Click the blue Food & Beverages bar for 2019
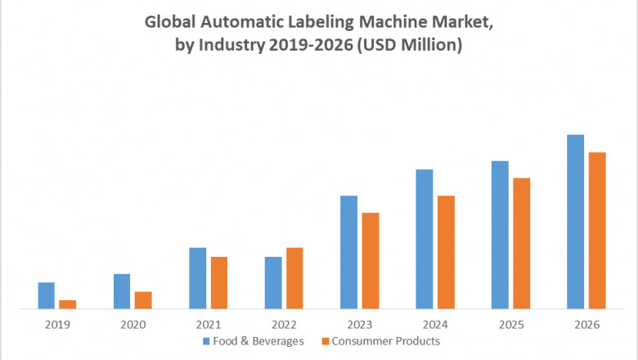click(x=46, y=295)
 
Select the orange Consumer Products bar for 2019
click(x=67, y=304)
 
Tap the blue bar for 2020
click(x=122, y=291)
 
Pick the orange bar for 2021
click(x=218, y=282)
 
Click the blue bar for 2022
click(x=272, y=282)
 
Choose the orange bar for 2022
click(x=294, y=278)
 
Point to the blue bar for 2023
click(x=348, y=252)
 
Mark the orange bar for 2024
click(x=446, y=252)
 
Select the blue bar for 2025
click(x=500, y=235)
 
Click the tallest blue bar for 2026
click(x=576, y=222)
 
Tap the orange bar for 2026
click(x=597, y=231)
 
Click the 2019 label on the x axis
click(x=57, y=324)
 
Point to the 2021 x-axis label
click(x=209, y=324)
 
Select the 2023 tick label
click(x=360, y=324)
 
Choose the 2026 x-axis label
click(x=586, y=324)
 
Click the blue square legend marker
click(x=207, y=341)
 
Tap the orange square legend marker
click(x=326, y=341)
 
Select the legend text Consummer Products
click(x=387, y=341)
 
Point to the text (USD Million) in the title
click(x=411, y=46)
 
